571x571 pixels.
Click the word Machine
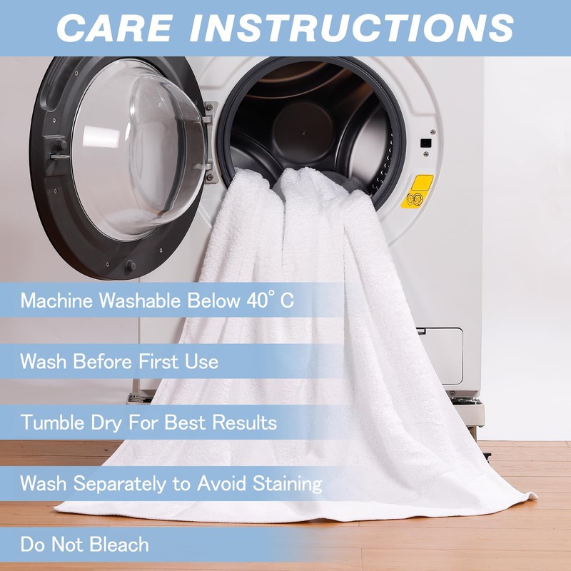[x=56, y=300]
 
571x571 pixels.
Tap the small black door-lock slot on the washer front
[x=425, y=143]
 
